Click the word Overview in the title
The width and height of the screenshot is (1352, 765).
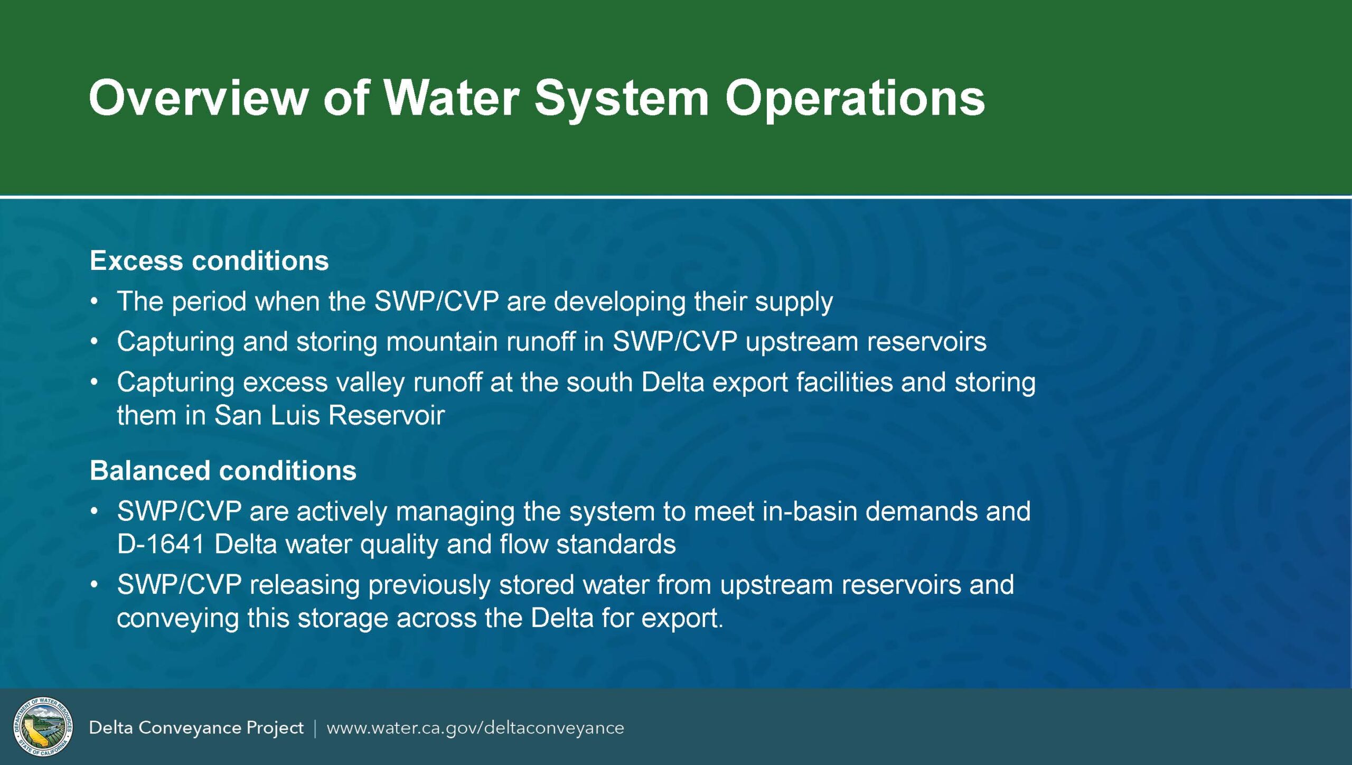pos(199,98)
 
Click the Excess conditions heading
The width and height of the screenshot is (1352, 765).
pos(209,260)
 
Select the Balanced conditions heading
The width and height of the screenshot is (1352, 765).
pos(223,470)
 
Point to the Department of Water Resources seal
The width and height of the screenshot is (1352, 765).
pos(43,727)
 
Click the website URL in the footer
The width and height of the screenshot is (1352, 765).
pos(475,728)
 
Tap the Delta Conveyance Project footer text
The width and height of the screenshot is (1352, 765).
pos(196,728)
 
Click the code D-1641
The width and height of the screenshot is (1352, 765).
pos(161,544)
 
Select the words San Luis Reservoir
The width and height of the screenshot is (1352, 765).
pos(330,415)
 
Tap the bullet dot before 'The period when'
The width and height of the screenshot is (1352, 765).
pos(94,302)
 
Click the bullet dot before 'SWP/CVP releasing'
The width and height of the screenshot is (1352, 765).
pos(94,585)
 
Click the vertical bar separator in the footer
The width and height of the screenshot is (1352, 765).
pos(315,729)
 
